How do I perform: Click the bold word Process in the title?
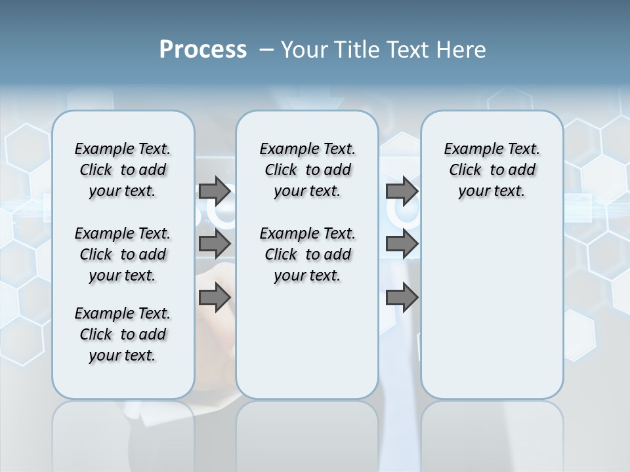coord(203,50)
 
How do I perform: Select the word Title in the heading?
coord(357,50)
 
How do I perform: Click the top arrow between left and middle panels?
coord(215,191)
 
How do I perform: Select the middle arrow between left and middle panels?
coord(215,244)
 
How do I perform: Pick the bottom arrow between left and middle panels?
coord(215,298)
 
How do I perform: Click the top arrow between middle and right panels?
coord(402,191)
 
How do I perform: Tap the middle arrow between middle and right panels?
coord(402,244)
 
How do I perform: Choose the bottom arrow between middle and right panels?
coord(402,298)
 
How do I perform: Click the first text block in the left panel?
coord(123,170)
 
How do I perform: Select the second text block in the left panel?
coord(123,254)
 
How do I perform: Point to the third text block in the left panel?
coord(123,334)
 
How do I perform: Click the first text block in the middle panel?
coord(307,170)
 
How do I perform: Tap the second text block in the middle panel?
coord(307,254)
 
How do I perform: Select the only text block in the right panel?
coord(492,170)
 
